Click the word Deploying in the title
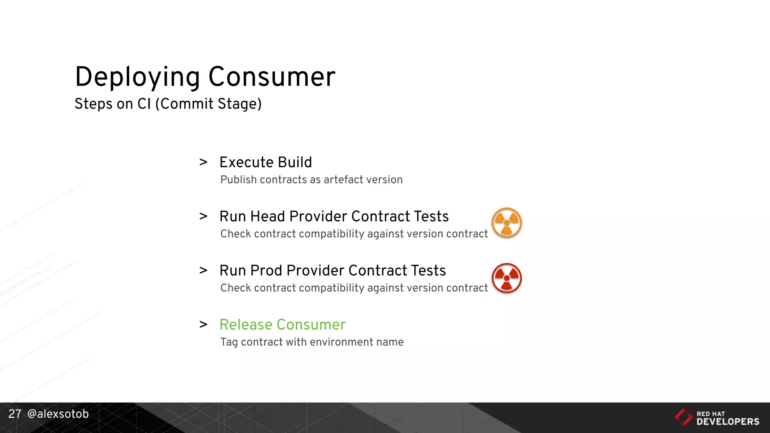click(137, 77)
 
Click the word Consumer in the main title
click(271, 77)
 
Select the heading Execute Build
click(265, 162)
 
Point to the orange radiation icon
click(506, 223)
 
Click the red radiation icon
click(506, 278)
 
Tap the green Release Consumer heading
click(282, 325)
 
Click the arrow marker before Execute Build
click(203, 162)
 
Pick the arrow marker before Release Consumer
click(203, 325)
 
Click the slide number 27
click(15, 414)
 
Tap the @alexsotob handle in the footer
click(58, 414)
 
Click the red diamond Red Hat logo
click(683, 417)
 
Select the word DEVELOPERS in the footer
click(728, 422)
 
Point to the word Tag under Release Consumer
click(229, 342)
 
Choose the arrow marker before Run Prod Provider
click(203, 271)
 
